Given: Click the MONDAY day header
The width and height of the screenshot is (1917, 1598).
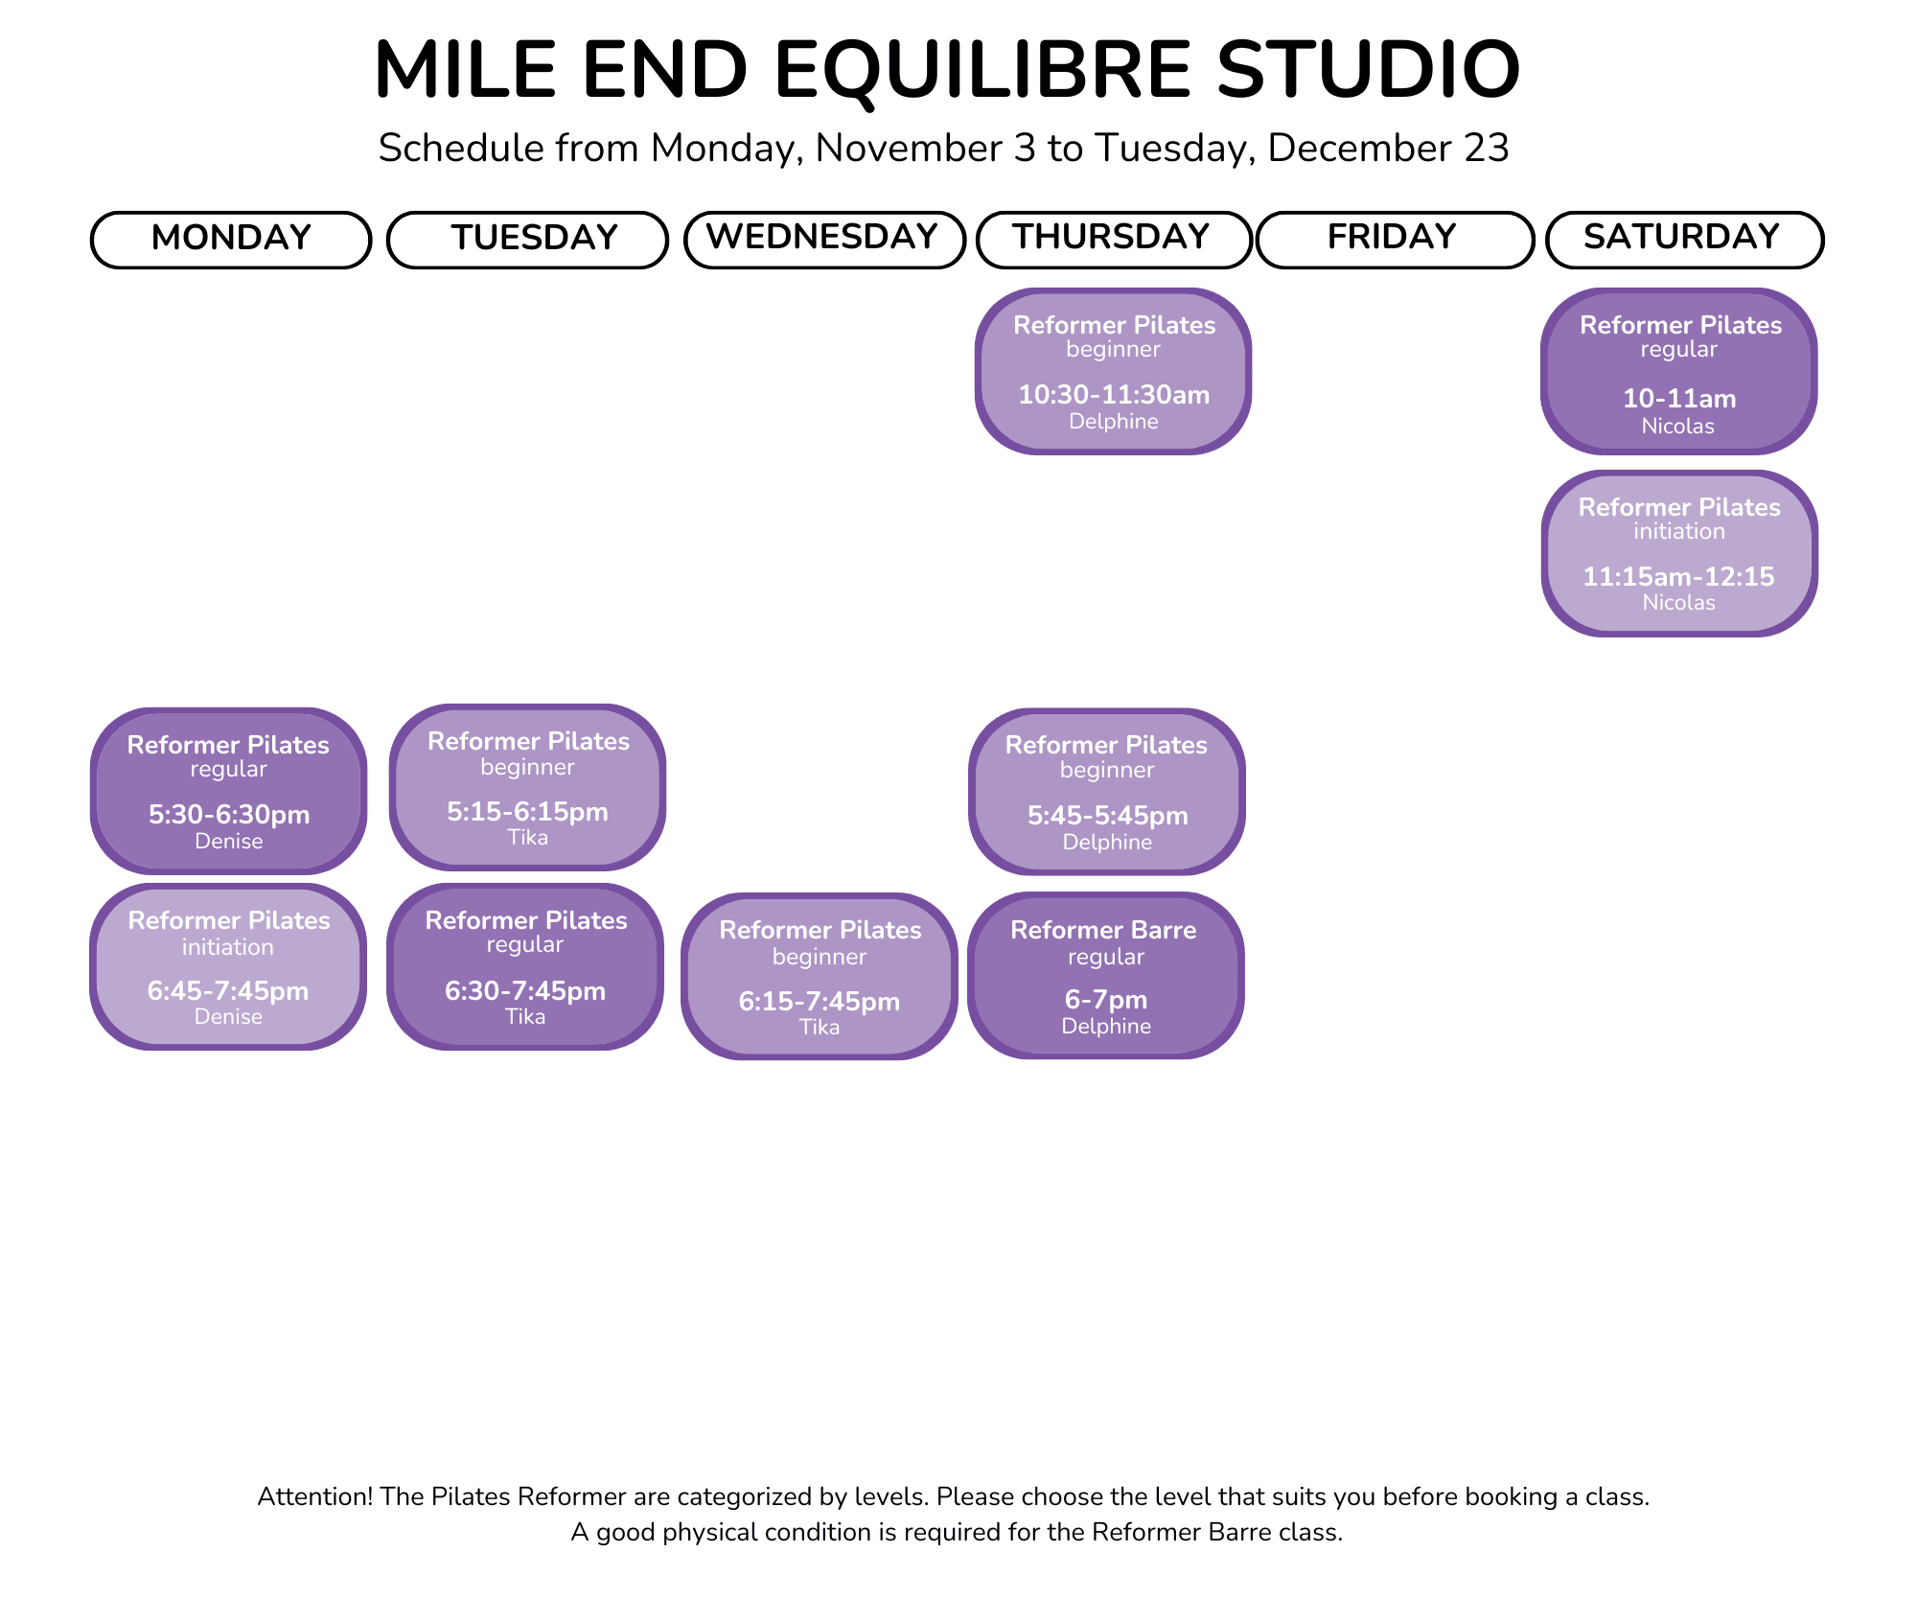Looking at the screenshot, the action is click(231, 240).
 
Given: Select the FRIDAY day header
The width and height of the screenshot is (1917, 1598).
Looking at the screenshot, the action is click(1395, 240).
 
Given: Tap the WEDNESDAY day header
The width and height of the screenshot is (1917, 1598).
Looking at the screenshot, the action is click(824, 240).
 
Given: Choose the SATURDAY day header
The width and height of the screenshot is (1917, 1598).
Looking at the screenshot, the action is click(1684, 240).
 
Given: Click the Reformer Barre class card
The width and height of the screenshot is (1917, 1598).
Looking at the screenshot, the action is click(1106, 976).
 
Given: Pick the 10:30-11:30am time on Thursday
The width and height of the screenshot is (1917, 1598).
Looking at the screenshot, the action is click(1114, 395).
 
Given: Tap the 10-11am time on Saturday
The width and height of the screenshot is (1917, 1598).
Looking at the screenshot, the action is click(1679, 399).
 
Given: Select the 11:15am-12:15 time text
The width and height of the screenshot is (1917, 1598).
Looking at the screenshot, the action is click(1678, 577).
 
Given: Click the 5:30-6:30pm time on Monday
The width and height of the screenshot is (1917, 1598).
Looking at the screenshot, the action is click(229, 815).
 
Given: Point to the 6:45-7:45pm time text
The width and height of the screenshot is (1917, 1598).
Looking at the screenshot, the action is click(228, 990).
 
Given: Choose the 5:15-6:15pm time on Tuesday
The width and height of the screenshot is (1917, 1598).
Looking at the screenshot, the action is click(527, 812).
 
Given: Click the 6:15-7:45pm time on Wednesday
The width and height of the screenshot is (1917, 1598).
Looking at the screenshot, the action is click(820, 1002).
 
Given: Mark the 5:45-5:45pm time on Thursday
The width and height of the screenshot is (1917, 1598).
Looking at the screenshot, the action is click(1108, 816).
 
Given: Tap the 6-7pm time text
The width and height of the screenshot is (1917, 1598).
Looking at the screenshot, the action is click(1106, 1000).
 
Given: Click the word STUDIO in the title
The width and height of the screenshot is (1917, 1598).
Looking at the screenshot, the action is click(1369, 70).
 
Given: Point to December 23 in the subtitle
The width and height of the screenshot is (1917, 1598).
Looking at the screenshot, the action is click(1389, 149).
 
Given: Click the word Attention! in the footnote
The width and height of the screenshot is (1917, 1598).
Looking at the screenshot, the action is click(315, 1496).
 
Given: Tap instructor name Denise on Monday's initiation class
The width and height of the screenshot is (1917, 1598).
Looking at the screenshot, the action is click(228, 1017).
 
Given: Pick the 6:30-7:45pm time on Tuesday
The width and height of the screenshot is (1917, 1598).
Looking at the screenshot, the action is click(525, 990).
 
